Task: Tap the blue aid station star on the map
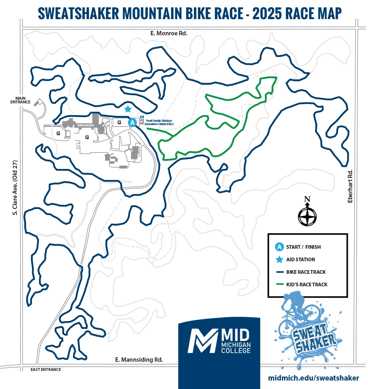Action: [x=128, y=109]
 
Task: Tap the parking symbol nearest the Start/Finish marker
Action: [x=119, y=122]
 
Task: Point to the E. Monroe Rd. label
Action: [x=169, y=33]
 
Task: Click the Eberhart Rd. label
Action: [x=350, y=186]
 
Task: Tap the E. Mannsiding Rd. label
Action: [x=139, y=360]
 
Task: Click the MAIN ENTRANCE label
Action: [x=20, y=100]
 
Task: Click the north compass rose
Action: [x=307, y=215]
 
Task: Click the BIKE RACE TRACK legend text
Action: [x=305, y=272]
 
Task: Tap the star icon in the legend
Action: [x=279, y=259]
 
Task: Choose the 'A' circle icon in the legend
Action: [x=279, y=247]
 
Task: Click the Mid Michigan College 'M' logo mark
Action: [x=202, y=340]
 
